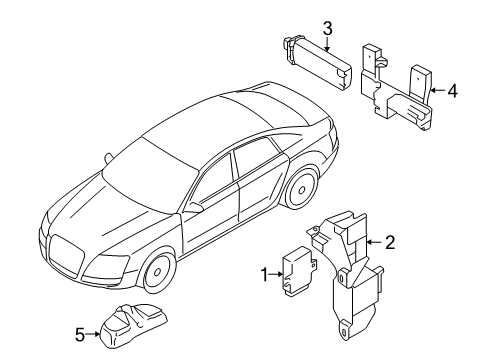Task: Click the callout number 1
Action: tap(264, 275)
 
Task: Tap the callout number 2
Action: tap(390, 242)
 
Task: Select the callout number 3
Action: tap(327, 28)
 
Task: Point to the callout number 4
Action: tap(452, 91)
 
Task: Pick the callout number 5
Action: tap(80, 334)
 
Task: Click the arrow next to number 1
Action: tap(276, 274)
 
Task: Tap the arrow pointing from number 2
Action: tap(374, 242)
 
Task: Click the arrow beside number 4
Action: tap(437, 90)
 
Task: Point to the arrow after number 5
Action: tap(93, 334)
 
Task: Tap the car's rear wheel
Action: tap(302, 189)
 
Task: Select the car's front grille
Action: tap(67, 256)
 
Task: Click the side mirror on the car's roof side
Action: tap(108, 157)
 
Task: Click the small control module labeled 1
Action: tap(299, 271)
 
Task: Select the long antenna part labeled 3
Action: tap(317, 63)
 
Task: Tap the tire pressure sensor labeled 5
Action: tap(133, 325)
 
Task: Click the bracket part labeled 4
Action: tap(397, 87)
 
